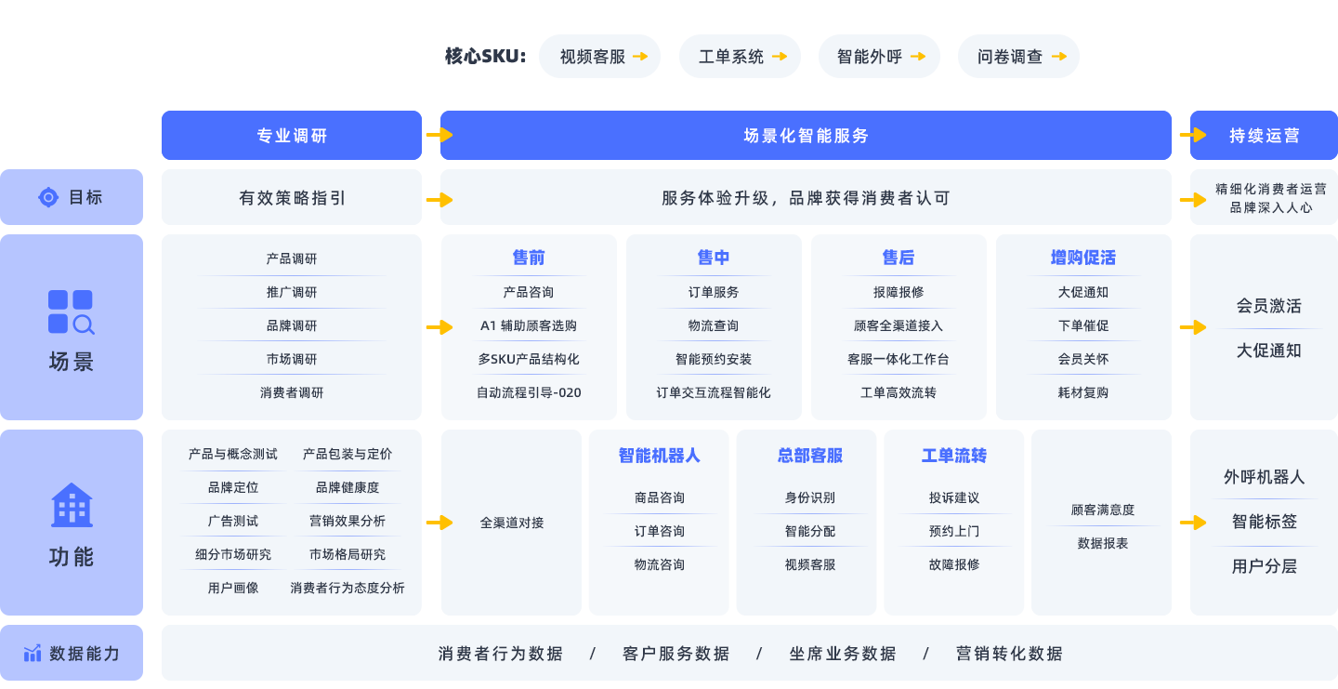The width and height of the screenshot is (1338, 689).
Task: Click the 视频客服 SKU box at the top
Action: tap(599, 56)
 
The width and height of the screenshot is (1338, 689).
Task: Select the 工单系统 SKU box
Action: tap(740, 56)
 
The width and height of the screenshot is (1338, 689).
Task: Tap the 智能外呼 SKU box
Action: tap(879, 56)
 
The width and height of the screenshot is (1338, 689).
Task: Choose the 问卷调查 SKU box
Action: tap(1018, 56)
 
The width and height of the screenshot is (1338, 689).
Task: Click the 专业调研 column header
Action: tap(291, 136)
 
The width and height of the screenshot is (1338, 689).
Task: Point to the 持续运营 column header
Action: tap(1264, 136)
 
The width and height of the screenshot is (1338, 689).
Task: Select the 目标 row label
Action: tap(85, 197)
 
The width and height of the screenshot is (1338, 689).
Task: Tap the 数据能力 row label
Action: tap(85, 654)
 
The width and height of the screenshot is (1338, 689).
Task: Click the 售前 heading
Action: tap(529, 258)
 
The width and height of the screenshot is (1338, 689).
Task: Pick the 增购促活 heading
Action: tap(1082, 258)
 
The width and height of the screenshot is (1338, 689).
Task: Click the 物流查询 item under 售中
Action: tap(714, 325)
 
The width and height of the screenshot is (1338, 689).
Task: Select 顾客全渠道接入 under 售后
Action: tap(898, 325)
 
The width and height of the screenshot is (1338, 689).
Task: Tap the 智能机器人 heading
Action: tap(659, 456)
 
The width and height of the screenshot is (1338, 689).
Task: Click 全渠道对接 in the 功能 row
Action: tap(512, 523)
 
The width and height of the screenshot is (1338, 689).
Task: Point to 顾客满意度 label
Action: tap(1103, 510)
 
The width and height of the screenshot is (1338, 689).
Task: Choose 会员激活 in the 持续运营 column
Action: tap(1268, 306)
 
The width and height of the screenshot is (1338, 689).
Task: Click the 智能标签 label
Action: tap(1264, 522)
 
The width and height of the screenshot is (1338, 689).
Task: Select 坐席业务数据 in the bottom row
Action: tap(843, 654)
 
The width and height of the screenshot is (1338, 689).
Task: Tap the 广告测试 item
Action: tap(233, 521)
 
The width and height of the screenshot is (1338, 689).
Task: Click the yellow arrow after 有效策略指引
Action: tap(439, 200)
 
